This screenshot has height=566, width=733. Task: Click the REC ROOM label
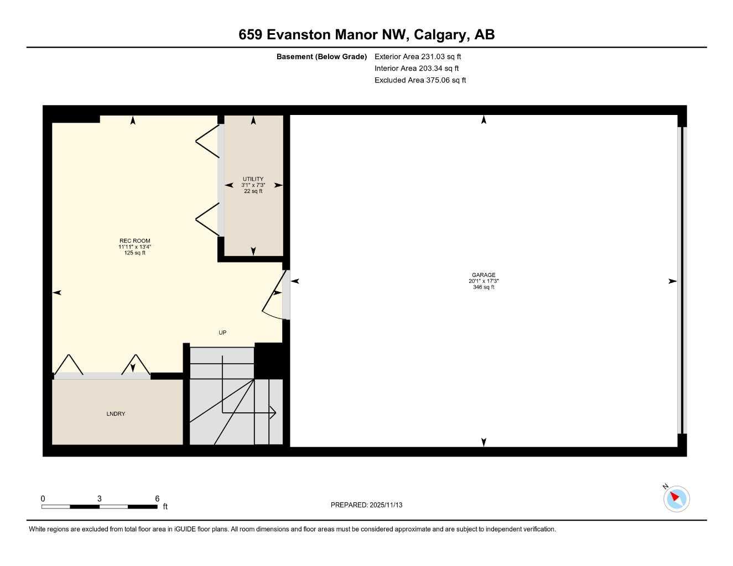click(134, 241)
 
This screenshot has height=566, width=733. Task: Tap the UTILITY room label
click(253, 179)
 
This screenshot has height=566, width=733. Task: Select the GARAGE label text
click(484, 275)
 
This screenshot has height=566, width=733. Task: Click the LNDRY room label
click(116, 414)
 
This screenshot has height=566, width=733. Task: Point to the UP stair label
click(222, 333)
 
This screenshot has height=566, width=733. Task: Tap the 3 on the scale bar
click(100, 499)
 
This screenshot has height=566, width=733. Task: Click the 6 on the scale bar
click(157, 499)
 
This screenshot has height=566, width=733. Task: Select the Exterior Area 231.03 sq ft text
click(418, 56)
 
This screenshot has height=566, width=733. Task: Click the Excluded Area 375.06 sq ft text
click(420, 80)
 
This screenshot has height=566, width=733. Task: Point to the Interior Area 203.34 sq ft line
click(417, 69)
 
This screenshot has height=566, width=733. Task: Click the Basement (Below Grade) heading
click(321, 56)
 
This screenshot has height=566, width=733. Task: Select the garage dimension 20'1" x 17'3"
click(484, 281)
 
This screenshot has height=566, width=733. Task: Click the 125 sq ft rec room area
click(134, 253)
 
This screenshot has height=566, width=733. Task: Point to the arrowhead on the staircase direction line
click(273, 412)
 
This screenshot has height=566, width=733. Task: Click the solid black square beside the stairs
click(268, 360)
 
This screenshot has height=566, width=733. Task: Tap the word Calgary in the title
click(440, 35)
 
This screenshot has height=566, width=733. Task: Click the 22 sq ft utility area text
click(253, 191)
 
